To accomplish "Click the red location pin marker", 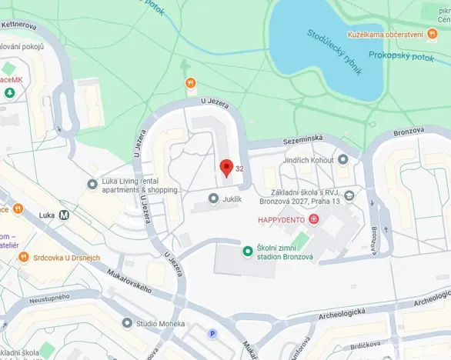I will [226, 168].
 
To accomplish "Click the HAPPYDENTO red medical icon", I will [314, 220].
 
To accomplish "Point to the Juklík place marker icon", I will [213, 198].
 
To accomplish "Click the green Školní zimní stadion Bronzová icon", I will [248, 251].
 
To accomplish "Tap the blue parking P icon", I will [213, 333].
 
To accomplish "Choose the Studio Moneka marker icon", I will [127, 324].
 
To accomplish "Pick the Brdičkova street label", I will [366, 346].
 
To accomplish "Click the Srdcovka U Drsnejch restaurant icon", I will [24, 257].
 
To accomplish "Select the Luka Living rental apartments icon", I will [92, 184].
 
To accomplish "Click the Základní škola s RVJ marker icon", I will [350, 195].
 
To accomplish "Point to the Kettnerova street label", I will [21, 25].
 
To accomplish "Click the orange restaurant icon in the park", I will [190, 82].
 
